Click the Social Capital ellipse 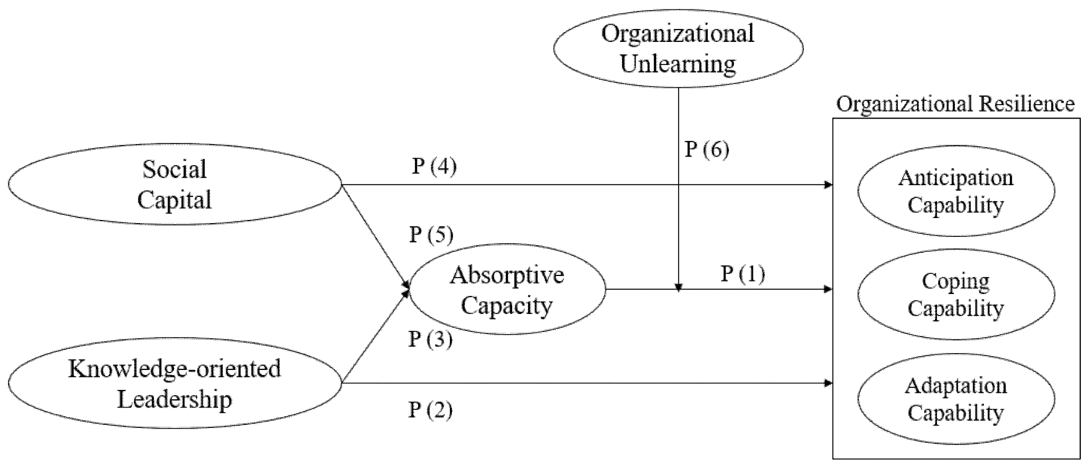pyautogui.click(x=174, y=184)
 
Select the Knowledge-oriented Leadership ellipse pyautogui.click(x=174, y=384)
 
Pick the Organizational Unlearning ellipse pyautogui.click(x=678, y=48)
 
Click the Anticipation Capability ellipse pyautogui.click(x=956, y=191)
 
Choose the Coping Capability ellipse pyautogui.click(x=956, y=294)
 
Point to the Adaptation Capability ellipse pyautogui.click(x=956, y=399)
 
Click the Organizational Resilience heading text pyautogui.click(x=955, y=104)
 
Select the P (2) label pyautogui.click(x=430, y=410)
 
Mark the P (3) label pyautogui.click(x=430, y=339)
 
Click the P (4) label pyautogui.click(x=435, y=166)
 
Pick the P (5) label pyautogui.click(x=431, y=234)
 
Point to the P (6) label pyautogui.click(x=707, y=150)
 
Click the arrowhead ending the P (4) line pyautogui.click(x=828, y=185)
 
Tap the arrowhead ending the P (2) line pyautogui.click(x=828, y=384)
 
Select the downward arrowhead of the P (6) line pyautogui.click(x=678, y=288)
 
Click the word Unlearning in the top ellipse pyautogui.click(x=678, y=64)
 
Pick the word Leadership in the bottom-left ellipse pyautogui.click(x=174, y=400)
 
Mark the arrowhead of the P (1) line pyautogui.click(x=828, y=290)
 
